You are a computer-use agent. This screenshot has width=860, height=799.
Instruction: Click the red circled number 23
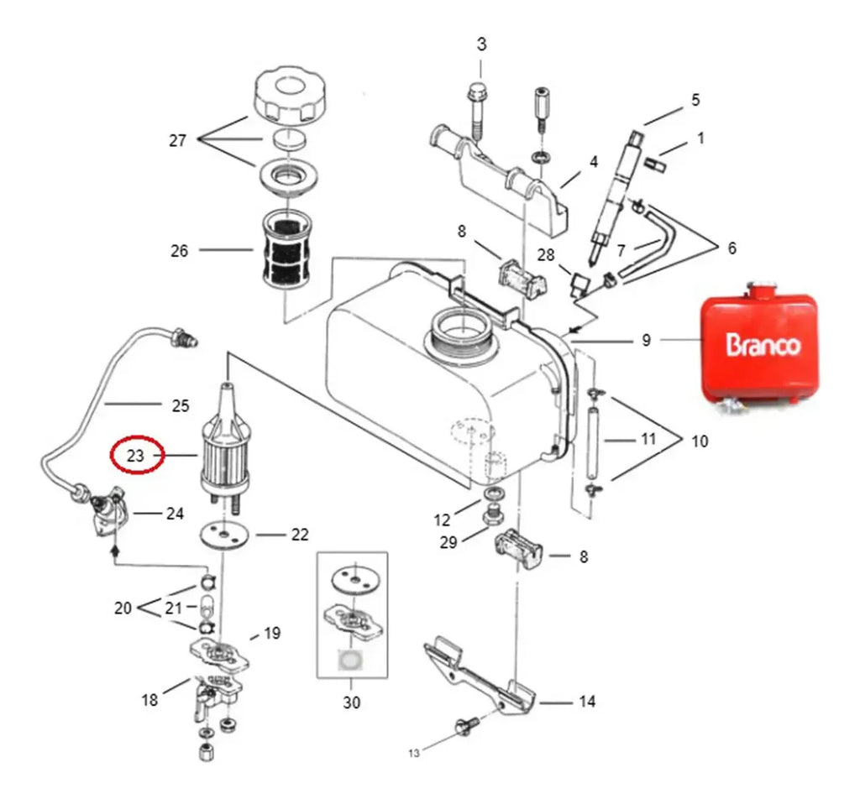click(135, 456)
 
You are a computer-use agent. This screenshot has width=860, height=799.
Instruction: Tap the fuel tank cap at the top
click(289, 97)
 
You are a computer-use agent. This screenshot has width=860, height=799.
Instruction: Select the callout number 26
click(180, 251)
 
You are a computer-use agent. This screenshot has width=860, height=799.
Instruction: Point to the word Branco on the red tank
click(763, 345)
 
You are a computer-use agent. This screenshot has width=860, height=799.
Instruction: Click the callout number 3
click(481, 44)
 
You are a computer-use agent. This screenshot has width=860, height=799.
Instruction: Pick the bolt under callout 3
click(477, 112)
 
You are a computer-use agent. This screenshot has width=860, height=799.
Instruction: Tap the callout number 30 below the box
click(352, 702)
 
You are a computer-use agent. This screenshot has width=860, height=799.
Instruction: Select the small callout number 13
click(413, 753)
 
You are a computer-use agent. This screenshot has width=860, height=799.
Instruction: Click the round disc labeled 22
click(223, 535)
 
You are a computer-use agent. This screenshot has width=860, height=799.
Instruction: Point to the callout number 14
click(587, 702)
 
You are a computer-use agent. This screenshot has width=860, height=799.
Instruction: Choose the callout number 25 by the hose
click(181, 406)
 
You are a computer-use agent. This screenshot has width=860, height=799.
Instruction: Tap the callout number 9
click(646, 340)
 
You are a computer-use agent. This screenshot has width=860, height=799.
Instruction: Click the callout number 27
click(178, 141)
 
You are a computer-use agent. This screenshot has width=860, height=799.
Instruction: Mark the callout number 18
click(149, 700)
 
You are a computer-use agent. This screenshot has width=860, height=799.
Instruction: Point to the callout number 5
click(695, 100)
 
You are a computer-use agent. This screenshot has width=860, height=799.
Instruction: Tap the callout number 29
click(448, 542)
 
